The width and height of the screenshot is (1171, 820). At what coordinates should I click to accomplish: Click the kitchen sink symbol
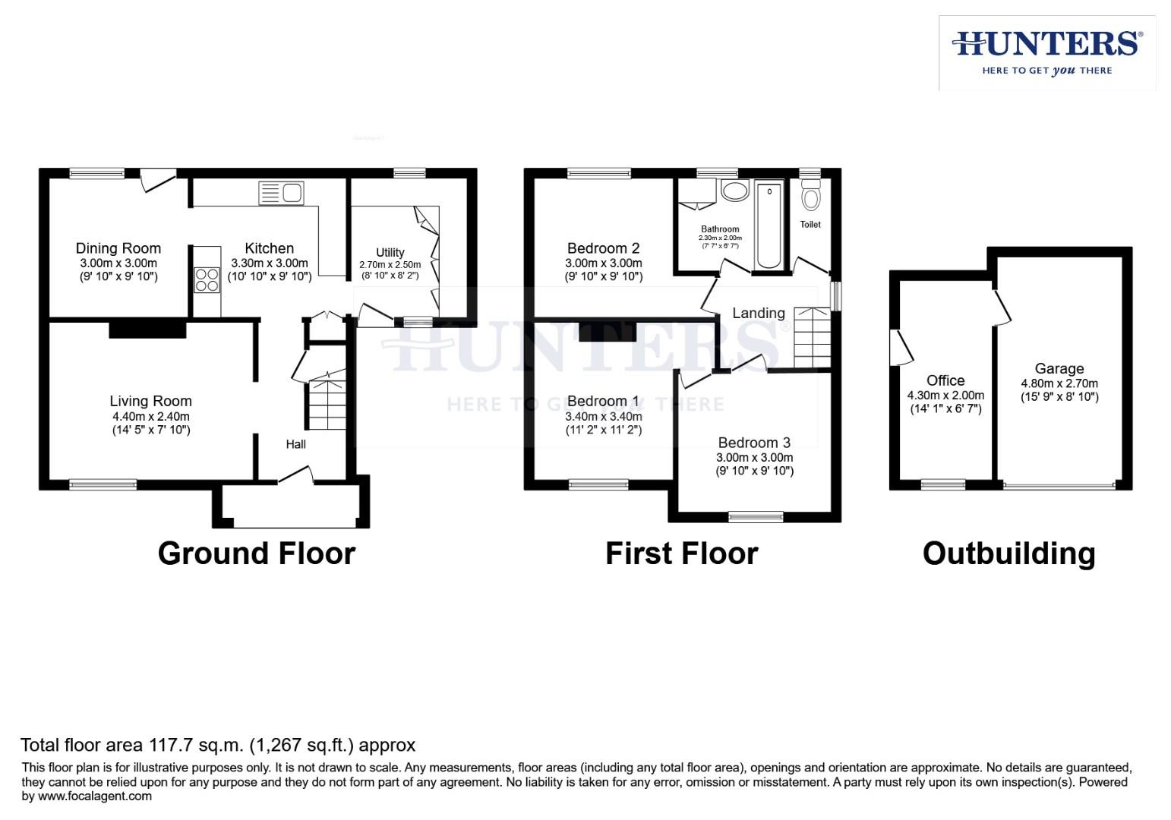coord(281,193)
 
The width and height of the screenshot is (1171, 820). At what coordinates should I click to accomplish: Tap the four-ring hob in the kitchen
coord(207,280)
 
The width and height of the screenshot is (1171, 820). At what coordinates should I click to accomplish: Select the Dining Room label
coord(118,248)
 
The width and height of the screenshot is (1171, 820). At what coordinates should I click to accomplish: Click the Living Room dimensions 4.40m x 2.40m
coord(150,416)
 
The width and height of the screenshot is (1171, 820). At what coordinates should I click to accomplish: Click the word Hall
coord(295,444)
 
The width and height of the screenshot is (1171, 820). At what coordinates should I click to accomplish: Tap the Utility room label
coord(390,252)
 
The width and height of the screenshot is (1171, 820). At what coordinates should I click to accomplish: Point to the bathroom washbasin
coord(734,191)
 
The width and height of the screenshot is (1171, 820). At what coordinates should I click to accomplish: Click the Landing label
coord(758,313)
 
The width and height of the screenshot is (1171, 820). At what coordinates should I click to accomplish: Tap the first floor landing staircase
coord(812,337)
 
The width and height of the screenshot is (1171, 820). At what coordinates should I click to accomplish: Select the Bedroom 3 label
coord(754,443)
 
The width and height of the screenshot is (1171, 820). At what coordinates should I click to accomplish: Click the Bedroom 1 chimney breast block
coord(607,331)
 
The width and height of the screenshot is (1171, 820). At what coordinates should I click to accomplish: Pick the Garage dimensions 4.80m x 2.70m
coord(1059,383)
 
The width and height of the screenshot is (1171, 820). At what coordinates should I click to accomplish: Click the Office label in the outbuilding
coord(945,380)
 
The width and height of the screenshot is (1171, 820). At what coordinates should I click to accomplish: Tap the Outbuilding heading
coord(1008,553)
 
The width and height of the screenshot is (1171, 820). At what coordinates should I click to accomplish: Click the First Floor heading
coord(681,553)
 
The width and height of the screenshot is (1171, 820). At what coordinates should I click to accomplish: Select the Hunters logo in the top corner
coord(1046,52)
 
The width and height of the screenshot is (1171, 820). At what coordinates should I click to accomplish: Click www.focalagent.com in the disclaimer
coord(94,796)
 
